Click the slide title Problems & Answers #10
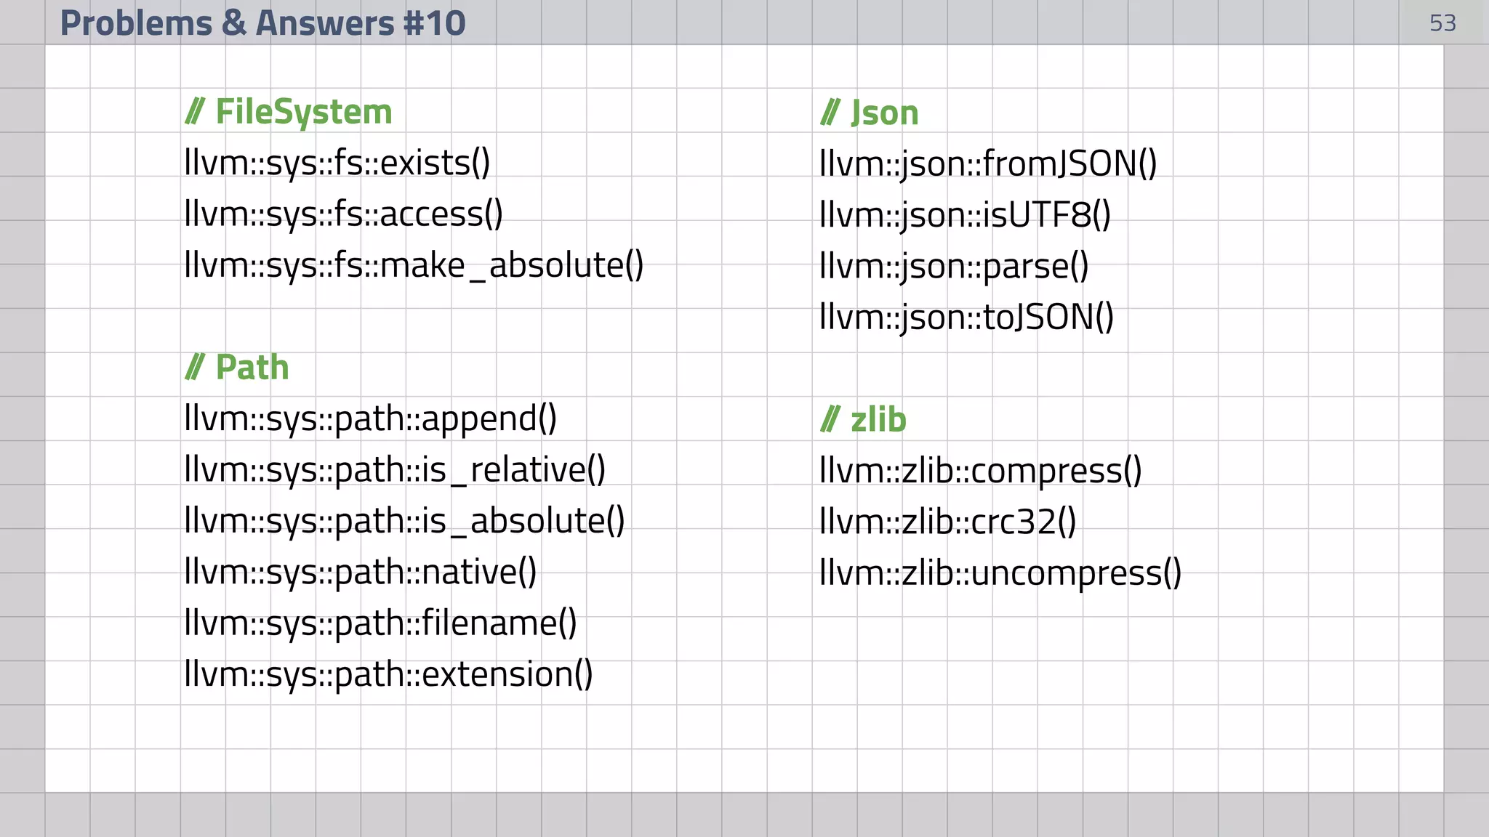click(x=262, y=23)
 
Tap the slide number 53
click(x=1442, y=23)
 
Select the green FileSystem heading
click(x=289, y=112)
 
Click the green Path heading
click(x=237, y=368)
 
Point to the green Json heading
click(x=870, y=113)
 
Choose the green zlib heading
click(x=864, y=420)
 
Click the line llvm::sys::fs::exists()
click(x=337, y=163)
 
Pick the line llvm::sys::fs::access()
click(x=343, y=214)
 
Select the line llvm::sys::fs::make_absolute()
click(x=414, y=265)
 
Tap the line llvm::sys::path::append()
click(x=370, y=419)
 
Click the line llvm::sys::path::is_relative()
click(x=395, y=470)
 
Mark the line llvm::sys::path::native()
click(x=361, y=573)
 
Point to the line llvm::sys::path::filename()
click(x=380, y=623)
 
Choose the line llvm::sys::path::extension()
click(x=388, y=675)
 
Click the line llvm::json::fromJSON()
click(x=988, y=164)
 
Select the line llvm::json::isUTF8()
click(x=965, y=215)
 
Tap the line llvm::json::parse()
click(x=954, y=267)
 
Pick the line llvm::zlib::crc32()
click(x=947, y=522)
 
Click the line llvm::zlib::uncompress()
click(x=1000, y=573)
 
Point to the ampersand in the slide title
click(x=234, y=23)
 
